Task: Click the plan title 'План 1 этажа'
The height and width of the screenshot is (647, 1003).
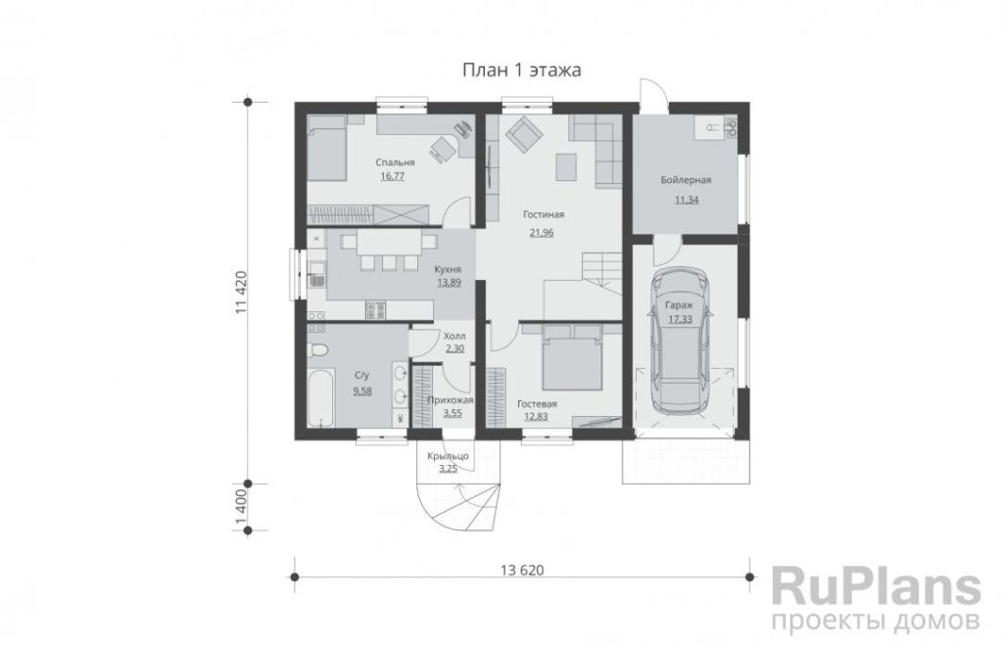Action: [521, 70]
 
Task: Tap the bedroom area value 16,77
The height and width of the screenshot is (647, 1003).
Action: [392, 176]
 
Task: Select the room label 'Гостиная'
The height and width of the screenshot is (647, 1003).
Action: [543, 214]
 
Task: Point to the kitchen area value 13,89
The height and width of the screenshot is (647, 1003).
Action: [449, 283]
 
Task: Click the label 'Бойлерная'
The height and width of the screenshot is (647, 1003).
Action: [686, 180]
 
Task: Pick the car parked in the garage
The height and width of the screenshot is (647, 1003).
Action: [680, 341]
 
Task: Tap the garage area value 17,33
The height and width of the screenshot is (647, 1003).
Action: [680, 319]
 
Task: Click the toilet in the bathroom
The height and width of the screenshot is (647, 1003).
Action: [318, 349]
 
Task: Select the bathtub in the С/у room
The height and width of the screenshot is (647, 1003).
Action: [320, 397]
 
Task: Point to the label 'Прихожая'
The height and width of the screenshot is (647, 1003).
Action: [450, 401]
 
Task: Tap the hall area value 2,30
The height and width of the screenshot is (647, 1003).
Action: [454, 349]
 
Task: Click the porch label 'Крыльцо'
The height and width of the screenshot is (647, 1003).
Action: [448, 456]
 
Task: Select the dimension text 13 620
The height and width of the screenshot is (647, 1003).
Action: [522, 571]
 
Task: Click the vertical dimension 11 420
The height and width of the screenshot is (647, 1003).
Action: [241, 292]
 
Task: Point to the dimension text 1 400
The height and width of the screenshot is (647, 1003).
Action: [241, 507]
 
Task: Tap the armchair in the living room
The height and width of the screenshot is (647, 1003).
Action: [524, 135]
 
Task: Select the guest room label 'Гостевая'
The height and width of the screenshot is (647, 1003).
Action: [537, 404]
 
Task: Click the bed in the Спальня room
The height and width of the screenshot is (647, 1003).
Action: [327, 153]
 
